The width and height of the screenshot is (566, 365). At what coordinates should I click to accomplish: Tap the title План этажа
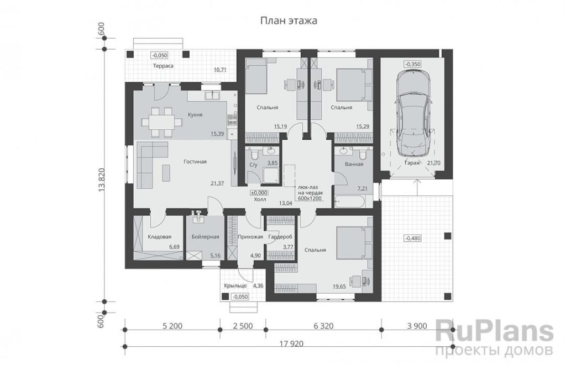(x=289, y=21)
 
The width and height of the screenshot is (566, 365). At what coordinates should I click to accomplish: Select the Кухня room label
(x=195, y=115)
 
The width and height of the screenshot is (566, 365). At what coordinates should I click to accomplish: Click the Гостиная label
(x=195, y=162)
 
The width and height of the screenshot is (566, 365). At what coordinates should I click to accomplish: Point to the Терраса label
(x=163, y=66)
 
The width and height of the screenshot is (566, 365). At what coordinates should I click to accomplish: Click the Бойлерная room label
(x=206, y=237)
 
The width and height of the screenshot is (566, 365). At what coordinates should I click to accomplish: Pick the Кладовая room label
(x=160, y=237)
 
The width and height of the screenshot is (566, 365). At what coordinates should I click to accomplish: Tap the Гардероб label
(x=280, y=237)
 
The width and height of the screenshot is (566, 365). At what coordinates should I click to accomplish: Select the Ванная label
(x=354, y=164)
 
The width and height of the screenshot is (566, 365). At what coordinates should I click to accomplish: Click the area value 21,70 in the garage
(x=434, y=163)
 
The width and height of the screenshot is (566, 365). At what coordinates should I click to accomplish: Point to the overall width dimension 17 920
(x=291, y=343)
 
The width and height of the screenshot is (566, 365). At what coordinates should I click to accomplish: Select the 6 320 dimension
(x=323, y=326)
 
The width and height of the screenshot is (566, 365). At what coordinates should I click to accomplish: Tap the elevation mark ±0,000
(x=260, y=193)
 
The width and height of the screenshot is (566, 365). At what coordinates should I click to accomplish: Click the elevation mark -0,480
(x=413, y=239)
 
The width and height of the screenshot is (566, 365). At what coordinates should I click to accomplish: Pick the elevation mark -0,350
(x=413, y=64)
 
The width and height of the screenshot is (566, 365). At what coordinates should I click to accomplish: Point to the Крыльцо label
(x=235, y=285)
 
